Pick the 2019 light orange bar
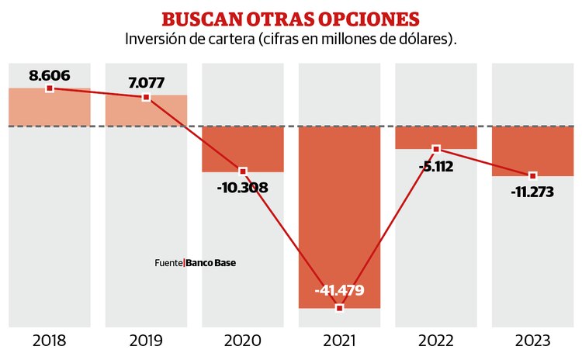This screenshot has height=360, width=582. pos(147,111)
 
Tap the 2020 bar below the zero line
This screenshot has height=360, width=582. pos(243,148)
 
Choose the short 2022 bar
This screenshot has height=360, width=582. pos(436,137)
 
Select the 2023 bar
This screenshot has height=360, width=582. pos(533,151)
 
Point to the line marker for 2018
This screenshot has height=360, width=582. pos(50,88)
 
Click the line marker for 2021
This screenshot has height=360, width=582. pos(340,308)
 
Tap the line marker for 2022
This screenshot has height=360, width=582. pos(436,148)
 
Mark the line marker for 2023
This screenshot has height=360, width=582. pos(533,176)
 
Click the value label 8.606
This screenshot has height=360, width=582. pos(50,75)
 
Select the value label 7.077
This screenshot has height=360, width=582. pos(147,82)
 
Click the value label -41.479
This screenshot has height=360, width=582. pos(340,291)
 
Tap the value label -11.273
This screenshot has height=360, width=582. pos(533,192)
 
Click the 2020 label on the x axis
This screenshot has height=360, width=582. pos(243,341)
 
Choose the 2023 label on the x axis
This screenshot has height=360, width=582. pos(533,341)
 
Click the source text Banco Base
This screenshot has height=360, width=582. pos(211,263)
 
